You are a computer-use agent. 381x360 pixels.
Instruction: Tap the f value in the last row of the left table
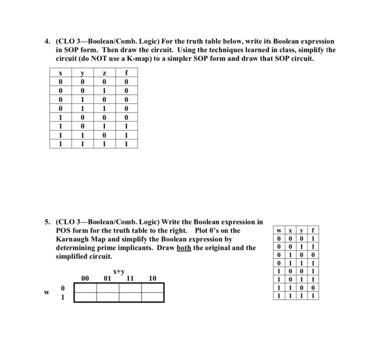click(126, 144)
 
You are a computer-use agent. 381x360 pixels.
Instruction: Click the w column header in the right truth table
click(279, 229)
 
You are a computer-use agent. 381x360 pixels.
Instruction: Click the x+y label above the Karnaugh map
click(119, 271)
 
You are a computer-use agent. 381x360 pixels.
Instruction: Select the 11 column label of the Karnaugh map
click(130, 278)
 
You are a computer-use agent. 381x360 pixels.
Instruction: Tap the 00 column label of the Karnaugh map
click(85, 278)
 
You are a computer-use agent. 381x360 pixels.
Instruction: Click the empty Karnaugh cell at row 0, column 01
click(108, 288)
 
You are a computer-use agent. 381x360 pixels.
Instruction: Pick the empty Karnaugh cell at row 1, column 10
click(152, 297)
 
